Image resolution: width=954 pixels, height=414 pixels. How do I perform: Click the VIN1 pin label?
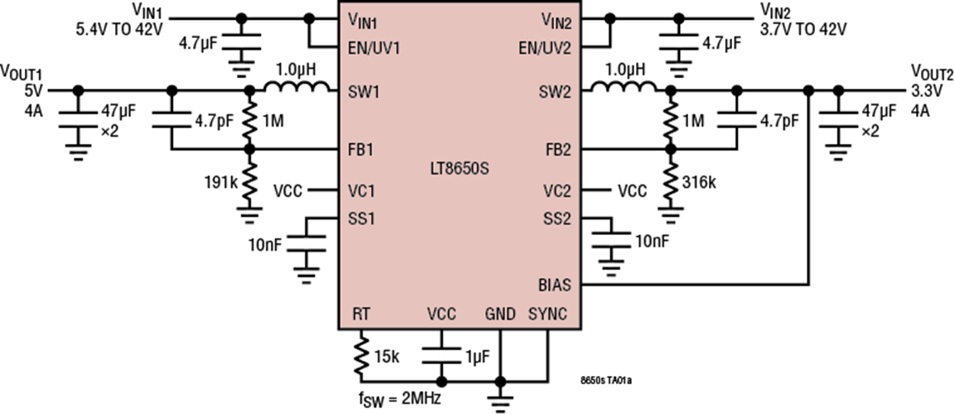coord(364,20)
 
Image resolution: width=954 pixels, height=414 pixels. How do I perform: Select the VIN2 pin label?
coord(556,20)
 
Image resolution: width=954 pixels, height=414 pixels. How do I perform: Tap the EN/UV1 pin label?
coord(373,48)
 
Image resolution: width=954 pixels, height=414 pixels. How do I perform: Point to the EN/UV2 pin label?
coord(544,48)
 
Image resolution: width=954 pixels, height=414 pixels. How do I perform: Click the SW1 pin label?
coord(364,92)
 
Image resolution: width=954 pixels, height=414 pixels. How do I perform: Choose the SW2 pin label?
coord(555,92)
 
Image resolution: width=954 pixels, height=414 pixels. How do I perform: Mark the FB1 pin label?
coord(360,151)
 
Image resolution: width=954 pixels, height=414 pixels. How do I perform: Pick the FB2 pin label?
coord(557,151)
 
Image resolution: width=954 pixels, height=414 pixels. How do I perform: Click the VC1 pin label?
coord(361,191)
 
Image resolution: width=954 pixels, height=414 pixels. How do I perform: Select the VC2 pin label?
coord(556,191)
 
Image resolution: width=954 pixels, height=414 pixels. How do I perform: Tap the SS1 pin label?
coord(361,219)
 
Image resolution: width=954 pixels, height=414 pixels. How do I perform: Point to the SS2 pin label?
coord(556,219)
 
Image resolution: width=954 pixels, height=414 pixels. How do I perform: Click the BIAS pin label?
coord(554,285)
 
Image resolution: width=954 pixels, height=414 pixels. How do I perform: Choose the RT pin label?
coord(361,314)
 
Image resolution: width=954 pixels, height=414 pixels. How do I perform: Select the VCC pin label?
coord(441,314)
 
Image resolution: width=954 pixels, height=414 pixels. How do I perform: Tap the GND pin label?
coord(500,314)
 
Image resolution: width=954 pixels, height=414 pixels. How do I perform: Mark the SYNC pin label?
coord(548,314)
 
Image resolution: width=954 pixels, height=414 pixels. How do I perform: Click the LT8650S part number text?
coord(459,170)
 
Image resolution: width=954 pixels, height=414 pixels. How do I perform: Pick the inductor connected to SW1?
coord(296,91)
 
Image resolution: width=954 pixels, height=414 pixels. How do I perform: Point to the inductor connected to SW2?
coord(623,91)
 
